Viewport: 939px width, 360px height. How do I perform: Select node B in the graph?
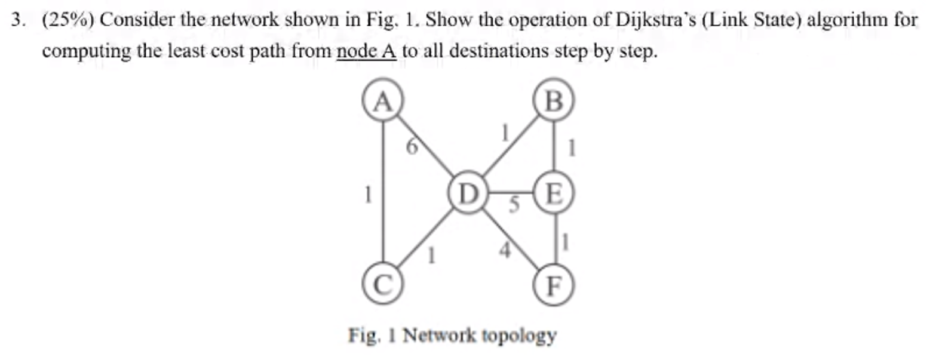click(x=554, y=100)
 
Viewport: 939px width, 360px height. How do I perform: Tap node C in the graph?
click(x=382, y=285)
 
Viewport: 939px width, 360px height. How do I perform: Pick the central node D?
click(x=468, y=193)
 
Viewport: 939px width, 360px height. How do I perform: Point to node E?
click(x=554, y=193)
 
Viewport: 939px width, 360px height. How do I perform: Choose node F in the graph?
click(x=554, y=285)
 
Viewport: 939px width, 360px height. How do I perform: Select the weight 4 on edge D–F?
click(x=505, y=250)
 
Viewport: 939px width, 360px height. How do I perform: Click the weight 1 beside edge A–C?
click(x=368, y=193)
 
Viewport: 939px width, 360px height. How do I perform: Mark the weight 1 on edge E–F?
click(x=565, y=242)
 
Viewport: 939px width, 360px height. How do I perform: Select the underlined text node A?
click(x=366, y=51)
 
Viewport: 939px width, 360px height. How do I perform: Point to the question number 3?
click(x=19, y=20)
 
